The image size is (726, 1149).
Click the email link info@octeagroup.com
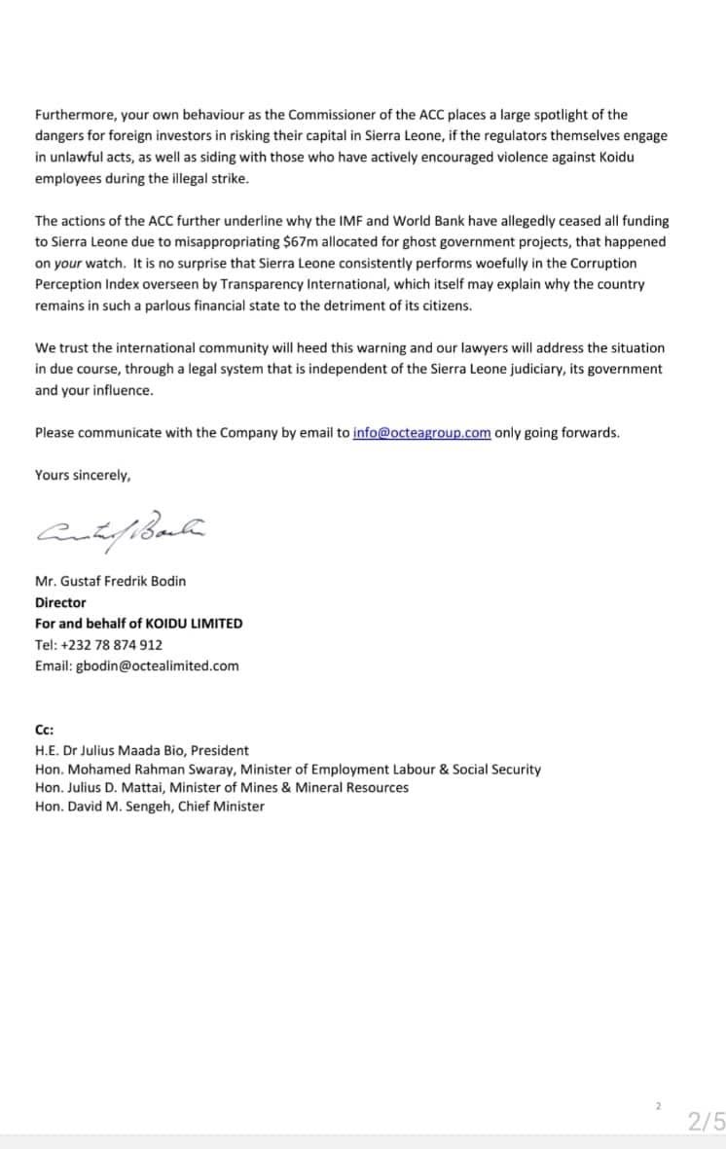pos(421,433)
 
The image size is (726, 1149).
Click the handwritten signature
pos(121,528)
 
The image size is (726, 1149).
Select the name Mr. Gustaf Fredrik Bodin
pos(110,581)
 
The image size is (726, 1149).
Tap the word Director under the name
pos(60,602)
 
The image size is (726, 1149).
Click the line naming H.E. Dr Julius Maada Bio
pos(141,750)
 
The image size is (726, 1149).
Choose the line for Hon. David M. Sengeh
pos(149,806)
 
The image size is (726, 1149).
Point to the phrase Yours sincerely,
pos(83,475)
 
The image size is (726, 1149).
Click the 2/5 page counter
pos(705,1122)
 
